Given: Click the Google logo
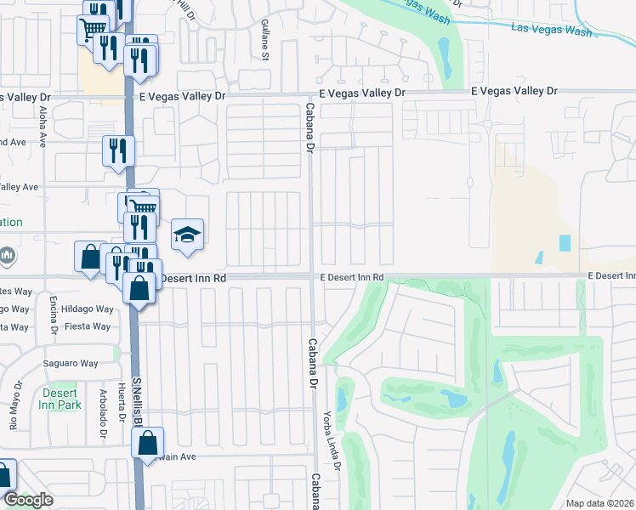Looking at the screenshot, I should click(28, 501).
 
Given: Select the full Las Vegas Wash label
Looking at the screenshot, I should click(551, 30).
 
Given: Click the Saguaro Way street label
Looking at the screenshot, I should click(71, 364).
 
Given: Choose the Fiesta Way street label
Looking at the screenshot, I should click(88, 326).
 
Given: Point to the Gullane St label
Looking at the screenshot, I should click(265, 40).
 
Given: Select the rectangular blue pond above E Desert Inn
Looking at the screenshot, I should click(565, 243).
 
